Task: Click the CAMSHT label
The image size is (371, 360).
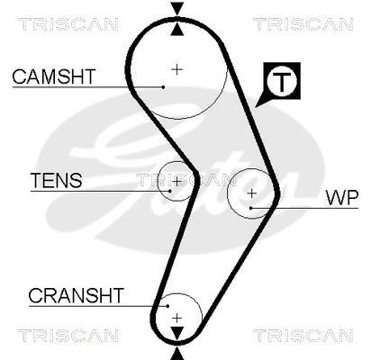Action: tap(52, 77)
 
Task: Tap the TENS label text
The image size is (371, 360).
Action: tap(56, 180)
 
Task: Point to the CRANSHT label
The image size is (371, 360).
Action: tap(62, 293)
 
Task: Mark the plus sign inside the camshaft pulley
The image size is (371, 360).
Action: tap(177, 67)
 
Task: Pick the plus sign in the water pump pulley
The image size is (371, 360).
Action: tap(252, 192)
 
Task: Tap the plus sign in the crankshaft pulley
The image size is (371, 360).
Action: tap(177, 316)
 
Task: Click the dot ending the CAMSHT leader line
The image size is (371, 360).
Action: tap(163, 87)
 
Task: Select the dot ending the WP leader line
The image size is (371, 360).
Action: tap(252, 208)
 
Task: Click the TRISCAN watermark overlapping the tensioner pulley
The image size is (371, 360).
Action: tap(177, 179)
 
